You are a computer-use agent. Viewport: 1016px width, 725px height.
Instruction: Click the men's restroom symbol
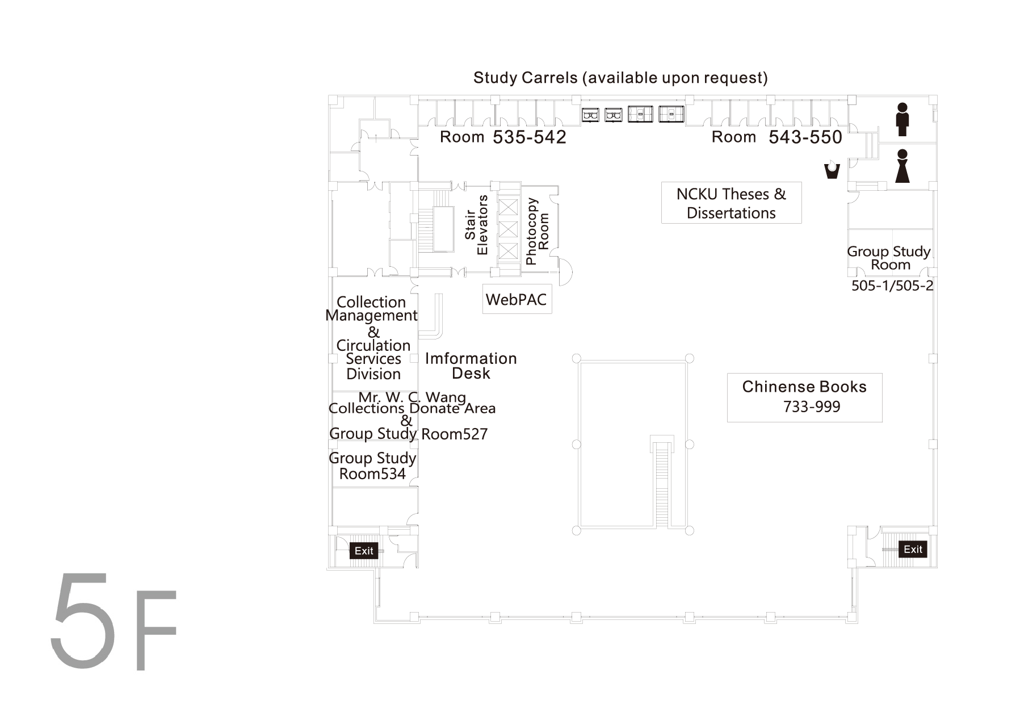902,119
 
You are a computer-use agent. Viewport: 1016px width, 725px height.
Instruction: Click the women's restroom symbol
902,166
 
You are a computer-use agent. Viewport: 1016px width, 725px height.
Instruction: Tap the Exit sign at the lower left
364,550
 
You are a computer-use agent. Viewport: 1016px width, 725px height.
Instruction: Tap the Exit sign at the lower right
913,549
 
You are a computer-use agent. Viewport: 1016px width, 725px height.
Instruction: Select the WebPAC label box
517,299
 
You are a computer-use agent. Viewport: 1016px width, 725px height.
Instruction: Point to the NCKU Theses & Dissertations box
731,203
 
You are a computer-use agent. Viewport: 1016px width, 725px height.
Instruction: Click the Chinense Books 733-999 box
804,397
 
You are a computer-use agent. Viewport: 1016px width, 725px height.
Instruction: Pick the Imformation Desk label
471,366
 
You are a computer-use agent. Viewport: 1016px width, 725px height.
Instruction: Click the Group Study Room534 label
372,466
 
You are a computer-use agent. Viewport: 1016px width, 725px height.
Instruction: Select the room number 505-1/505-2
892,286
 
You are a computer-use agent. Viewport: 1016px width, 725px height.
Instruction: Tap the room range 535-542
530,137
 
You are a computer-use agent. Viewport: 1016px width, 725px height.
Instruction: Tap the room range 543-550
805,137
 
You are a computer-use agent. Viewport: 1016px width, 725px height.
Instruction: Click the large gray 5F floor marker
114,621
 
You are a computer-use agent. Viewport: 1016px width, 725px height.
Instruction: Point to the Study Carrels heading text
620,78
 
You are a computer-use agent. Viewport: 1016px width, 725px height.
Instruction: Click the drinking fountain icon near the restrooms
832,170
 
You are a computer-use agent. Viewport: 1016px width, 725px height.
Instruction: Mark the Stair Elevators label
476,225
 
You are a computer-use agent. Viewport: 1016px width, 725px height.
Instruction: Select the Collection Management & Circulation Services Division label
372,338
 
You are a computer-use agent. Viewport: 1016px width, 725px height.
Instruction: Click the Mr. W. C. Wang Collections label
412,403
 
